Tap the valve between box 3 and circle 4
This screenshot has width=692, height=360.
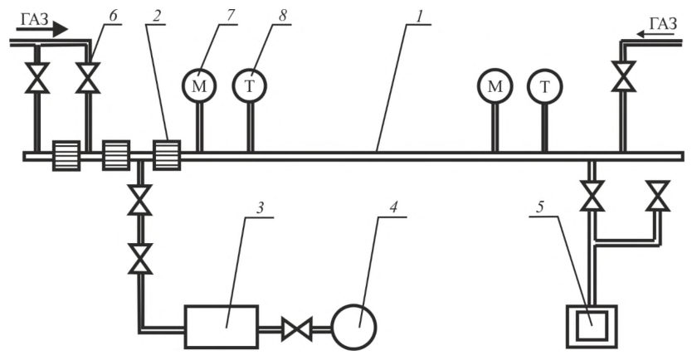(297, 328)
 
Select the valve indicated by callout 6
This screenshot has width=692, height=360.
(88, 78)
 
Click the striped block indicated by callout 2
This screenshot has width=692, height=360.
(167, 155)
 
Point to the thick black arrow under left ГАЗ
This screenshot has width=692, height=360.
(42, 30)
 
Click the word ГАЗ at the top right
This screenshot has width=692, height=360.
(663, 23)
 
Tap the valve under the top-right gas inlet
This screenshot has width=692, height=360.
(624, 76)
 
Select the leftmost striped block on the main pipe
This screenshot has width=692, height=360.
(66, 155)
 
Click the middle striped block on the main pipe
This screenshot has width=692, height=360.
(116, 155)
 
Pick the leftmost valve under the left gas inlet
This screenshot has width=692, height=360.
(37, 78)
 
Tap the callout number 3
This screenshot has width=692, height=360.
(261, 207)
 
